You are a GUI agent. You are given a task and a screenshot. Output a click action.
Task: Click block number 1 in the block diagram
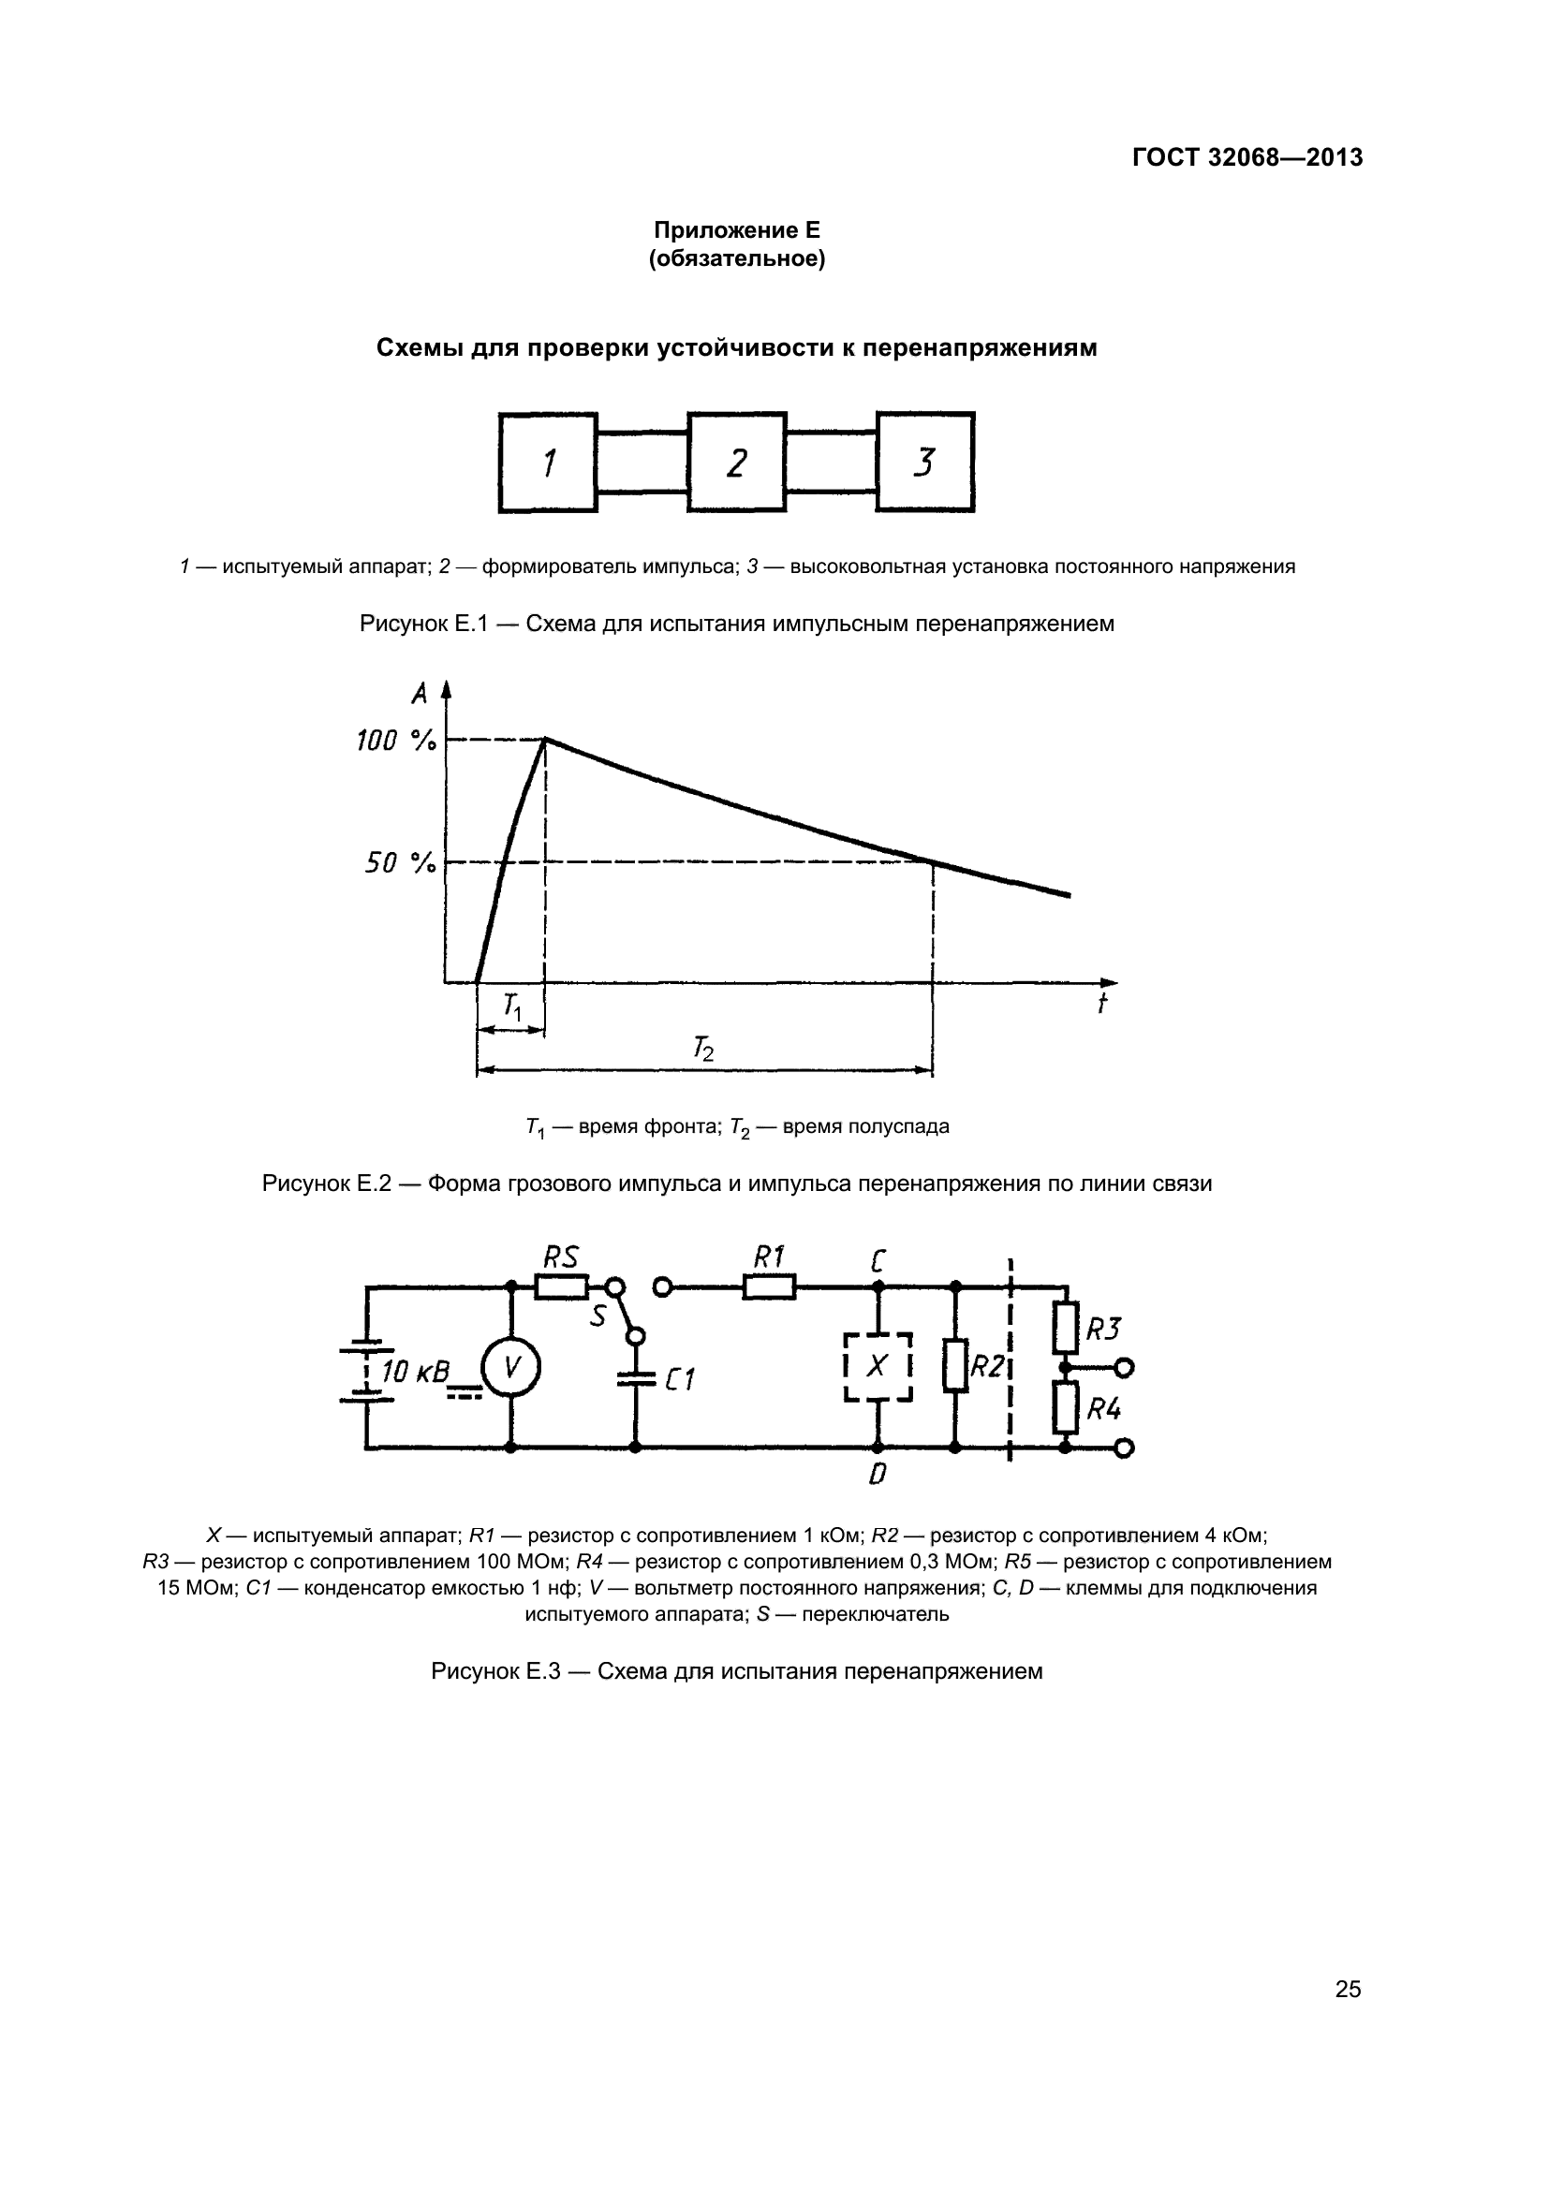point(548,463)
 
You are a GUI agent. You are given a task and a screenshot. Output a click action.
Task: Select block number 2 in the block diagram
point(736,463)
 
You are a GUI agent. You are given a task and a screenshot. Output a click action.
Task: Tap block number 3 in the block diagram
point(924,463)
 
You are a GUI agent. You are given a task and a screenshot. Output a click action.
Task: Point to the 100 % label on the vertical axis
point(396,742)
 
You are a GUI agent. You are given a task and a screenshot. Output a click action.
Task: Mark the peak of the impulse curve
point(545,738)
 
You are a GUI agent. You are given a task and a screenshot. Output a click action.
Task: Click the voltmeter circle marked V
point(510,1368)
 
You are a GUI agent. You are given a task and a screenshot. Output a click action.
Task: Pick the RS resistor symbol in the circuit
point(562,1287)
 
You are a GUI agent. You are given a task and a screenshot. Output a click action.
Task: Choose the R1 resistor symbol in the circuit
point(769,1287)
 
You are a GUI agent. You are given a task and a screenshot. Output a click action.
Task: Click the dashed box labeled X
point(878,1367)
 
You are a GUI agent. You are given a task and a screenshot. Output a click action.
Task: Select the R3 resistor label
point(1103,1329)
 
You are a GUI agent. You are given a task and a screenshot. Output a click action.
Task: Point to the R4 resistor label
point(1103,1408)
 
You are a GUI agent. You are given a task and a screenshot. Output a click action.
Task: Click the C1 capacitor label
point(679,1379)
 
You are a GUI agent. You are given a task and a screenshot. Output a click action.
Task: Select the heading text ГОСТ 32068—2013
point(1247,157)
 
